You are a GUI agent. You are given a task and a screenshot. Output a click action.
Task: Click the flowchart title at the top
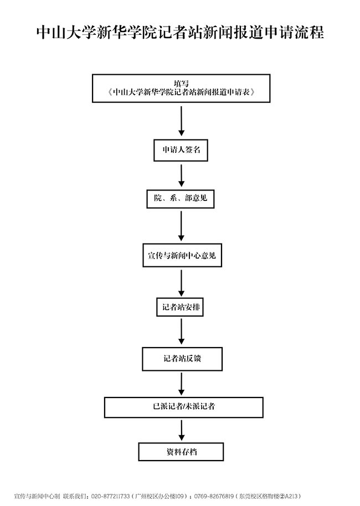pos(180,32)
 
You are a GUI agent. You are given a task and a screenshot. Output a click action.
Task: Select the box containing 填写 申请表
pos(181,88)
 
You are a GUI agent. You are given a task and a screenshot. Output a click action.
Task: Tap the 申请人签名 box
pos(181,149)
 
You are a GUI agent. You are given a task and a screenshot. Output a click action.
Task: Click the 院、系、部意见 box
pos(181,198)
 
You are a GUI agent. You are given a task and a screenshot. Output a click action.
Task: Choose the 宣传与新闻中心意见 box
pos(181,256)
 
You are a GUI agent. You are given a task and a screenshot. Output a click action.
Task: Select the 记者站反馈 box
pos(182,358)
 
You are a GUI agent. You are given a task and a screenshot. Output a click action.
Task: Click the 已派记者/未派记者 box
pos(184,406)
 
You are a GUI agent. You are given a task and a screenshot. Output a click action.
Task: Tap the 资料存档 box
pos(181,452)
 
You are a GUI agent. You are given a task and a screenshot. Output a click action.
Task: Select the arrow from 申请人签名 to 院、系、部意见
pos(181,175)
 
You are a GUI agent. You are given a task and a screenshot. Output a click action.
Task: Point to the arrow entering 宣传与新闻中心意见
pos(181,226)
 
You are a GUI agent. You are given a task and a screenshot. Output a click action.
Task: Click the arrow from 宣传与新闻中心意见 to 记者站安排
pos(181,283)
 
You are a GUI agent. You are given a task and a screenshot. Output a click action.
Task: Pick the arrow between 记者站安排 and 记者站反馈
pos(181,332)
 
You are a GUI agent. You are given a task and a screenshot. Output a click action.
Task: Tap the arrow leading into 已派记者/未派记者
pos(182,384)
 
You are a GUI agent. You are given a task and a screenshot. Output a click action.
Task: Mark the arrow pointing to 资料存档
pos(182,430)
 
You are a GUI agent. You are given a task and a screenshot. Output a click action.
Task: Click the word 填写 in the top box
pos(181,83)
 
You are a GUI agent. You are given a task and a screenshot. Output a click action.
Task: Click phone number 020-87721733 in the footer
pos(110,495)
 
